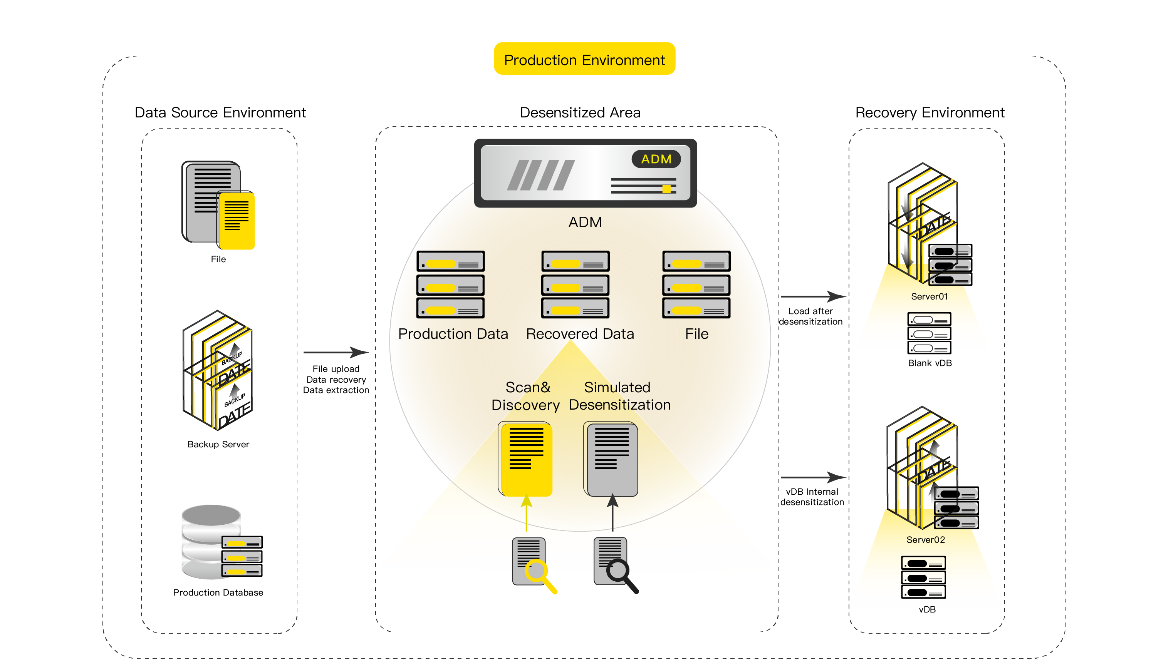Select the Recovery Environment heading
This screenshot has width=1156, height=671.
(929, 113)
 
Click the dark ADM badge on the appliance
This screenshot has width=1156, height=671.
(656, 159)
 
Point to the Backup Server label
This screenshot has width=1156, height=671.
(218, 444)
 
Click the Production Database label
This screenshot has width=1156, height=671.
(218, 592)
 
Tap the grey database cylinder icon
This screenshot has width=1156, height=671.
(210, 541)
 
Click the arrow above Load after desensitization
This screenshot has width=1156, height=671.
(812, 296)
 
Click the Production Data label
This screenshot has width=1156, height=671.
(453, 334)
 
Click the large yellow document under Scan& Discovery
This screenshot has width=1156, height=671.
(526, 459)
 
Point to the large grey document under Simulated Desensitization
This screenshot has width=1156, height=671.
(611, 459)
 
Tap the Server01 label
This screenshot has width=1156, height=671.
(929, 296)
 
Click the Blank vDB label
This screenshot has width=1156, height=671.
(929, 363)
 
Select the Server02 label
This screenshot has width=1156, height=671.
(925, 539)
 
